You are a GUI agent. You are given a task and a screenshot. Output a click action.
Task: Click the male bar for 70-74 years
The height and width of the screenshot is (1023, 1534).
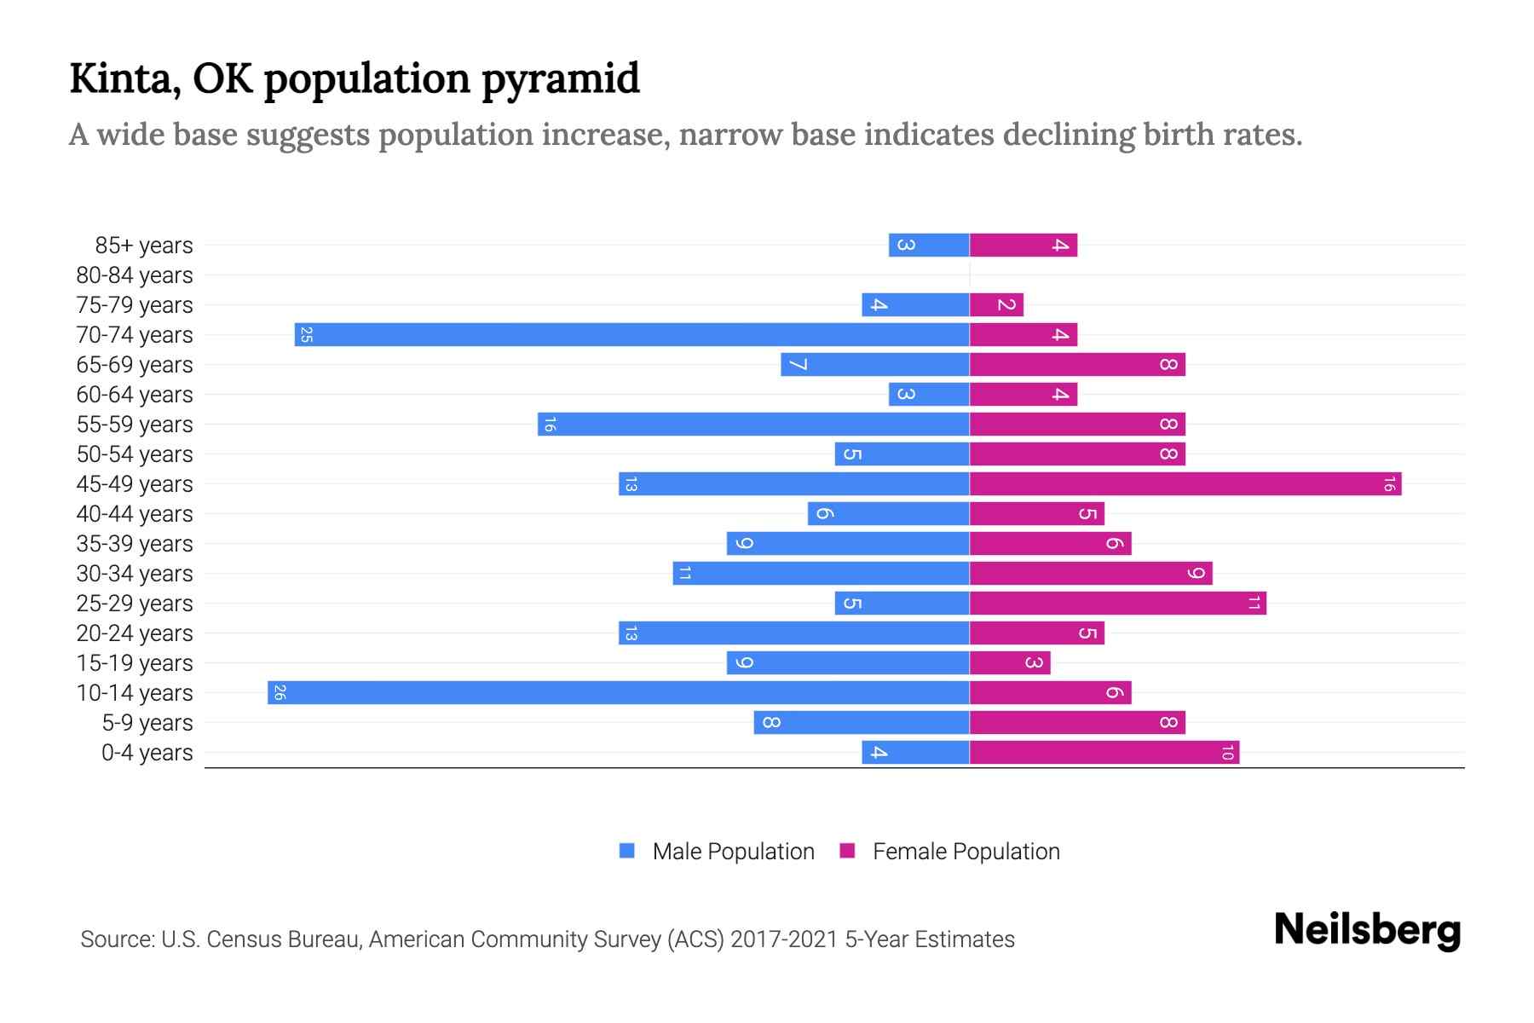631,334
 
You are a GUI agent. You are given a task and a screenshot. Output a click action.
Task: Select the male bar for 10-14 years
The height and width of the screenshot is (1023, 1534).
618,692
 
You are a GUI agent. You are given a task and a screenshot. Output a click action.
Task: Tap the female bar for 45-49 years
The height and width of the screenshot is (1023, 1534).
1185,483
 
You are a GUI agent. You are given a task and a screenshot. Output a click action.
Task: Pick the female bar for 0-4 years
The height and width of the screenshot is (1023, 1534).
1104,752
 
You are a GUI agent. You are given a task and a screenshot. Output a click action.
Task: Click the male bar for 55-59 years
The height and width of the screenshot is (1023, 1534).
753,424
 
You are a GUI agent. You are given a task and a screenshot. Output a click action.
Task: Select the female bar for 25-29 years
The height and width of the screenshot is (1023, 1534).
1117,603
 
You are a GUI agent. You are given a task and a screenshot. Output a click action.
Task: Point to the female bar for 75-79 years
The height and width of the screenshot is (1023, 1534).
996,304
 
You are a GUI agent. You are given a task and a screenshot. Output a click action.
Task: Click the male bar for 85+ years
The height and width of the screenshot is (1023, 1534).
929,245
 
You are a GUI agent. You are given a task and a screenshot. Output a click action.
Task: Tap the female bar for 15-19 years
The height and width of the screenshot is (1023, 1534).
1010,662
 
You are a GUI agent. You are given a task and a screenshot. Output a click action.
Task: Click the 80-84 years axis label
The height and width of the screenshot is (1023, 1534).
135,275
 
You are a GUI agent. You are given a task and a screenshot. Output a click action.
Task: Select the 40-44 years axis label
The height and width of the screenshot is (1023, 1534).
135,514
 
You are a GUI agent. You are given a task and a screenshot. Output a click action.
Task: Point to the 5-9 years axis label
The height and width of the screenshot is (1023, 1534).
147,723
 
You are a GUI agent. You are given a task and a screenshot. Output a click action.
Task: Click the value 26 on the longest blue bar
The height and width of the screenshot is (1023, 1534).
280,692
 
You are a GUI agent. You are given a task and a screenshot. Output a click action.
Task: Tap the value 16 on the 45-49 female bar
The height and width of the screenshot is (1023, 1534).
1388,484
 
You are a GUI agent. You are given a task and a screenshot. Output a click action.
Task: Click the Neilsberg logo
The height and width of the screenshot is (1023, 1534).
1367,930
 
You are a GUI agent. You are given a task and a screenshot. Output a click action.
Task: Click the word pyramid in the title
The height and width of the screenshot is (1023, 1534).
560,78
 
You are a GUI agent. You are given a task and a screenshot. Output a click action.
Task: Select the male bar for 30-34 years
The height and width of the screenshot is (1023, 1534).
821,573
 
